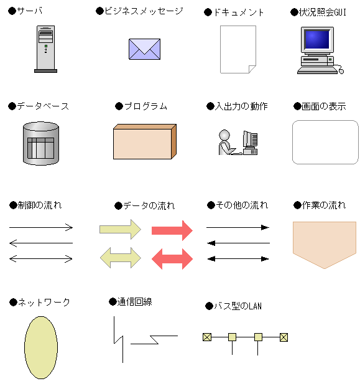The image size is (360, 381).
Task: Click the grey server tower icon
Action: (x=45, y=49)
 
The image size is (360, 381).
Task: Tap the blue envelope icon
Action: (x=144, y=49)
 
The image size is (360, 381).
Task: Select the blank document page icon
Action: (x=238, y=49)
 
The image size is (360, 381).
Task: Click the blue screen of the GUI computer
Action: (x=317, y=39)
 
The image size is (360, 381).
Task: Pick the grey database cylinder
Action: (x=41, y=143)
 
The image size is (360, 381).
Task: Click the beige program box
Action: (x=145, y=142)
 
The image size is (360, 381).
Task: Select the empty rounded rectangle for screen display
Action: (x=325, y=142)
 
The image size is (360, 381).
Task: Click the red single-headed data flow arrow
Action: (x=172, y=230)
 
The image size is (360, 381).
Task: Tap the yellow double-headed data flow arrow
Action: (x=121, y=258)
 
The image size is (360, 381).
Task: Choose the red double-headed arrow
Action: (x=172, y=259)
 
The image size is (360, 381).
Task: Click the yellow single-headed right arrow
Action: (x=120, y=229)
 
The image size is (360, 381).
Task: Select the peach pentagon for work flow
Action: (x=325, y=245)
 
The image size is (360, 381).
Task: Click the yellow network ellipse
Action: (x=41, y=347)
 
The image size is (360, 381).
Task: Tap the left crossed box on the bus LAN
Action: (x=207, y=337)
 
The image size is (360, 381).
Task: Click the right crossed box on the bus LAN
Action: (x=284, y=337)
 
